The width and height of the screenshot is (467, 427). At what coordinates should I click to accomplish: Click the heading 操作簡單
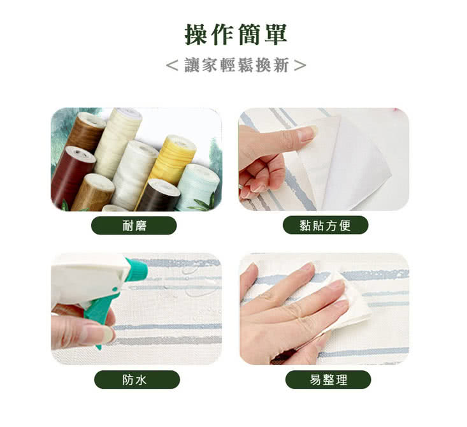point(236,34)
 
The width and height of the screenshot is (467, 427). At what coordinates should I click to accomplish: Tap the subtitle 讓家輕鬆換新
point(236,65)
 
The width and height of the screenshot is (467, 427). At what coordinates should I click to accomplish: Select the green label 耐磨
point(134,226)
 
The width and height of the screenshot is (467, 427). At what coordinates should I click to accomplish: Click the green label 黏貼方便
point(325,225)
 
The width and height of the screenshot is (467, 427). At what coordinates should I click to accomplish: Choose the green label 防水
point(137,380)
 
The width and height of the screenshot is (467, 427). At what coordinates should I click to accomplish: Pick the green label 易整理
point(328,380)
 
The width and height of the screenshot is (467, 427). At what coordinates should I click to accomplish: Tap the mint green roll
point(199,186)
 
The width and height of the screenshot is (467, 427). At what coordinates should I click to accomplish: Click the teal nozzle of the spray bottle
point(136,270)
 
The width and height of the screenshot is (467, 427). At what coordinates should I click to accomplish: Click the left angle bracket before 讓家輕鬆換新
point(173,66)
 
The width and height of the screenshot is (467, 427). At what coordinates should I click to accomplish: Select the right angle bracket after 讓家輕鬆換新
point(300,66)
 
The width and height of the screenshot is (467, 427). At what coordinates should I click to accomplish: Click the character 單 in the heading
point(275,34)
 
